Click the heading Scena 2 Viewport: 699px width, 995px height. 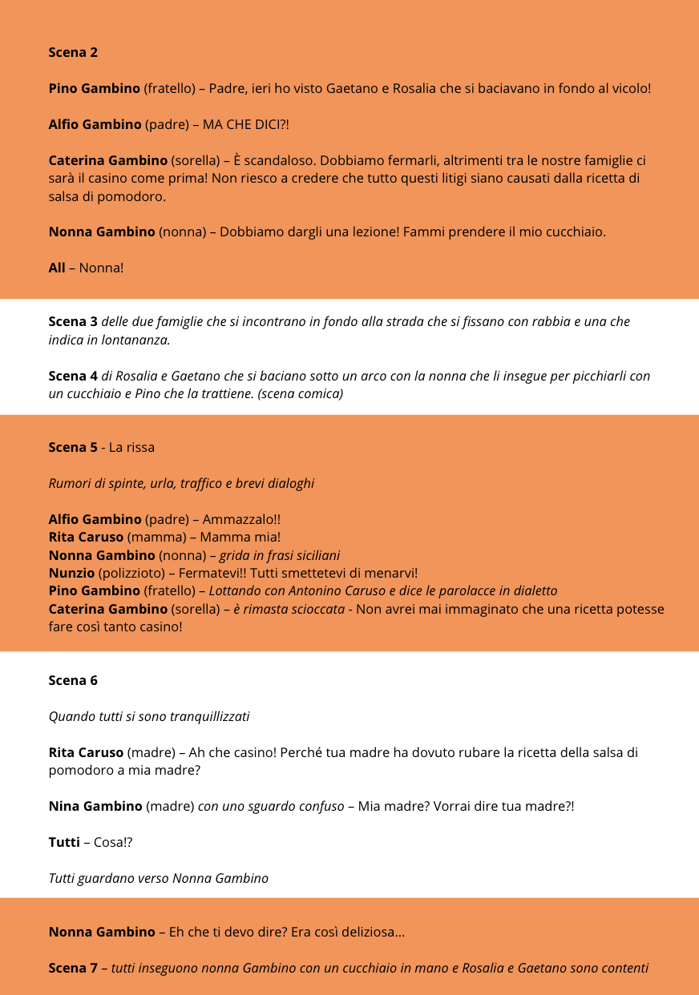(73, 52)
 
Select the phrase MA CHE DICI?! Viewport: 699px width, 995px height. (245, 124)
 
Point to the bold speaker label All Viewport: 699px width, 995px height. (57, 268)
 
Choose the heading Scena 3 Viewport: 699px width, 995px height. (73, 321)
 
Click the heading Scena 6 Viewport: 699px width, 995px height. (73, 680)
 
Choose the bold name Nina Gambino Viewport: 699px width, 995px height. (95, 806)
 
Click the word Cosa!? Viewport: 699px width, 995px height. (116, 842)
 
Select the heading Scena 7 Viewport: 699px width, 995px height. (73, 968)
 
